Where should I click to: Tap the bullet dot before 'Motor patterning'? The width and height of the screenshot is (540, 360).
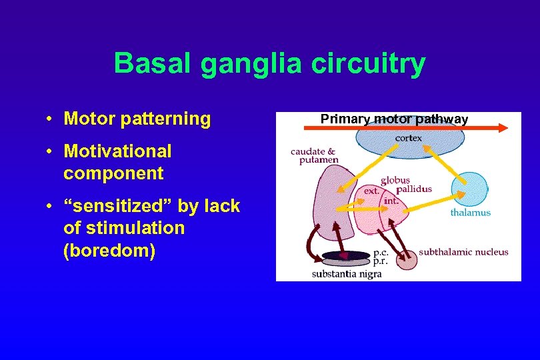(x=51, y=119)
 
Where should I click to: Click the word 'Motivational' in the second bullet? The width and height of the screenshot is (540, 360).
(x=117, y=151)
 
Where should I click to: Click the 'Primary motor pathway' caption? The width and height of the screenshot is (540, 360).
(x=394, y=119)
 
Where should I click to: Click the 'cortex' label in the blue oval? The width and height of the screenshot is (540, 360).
(x=408, y=138)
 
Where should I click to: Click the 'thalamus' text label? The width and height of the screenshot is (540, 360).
(x=470, y=213)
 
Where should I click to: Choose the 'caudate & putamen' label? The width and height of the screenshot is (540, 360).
(x=314, y=155)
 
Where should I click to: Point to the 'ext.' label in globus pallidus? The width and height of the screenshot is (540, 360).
(x=371, y=191)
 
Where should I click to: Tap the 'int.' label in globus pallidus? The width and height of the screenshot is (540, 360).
(x=392, y=199)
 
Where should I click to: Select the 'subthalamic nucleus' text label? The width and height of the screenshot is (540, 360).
(x=463, y=252)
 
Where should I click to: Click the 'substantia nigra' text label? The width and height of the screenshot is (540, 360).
(x=347, y=274)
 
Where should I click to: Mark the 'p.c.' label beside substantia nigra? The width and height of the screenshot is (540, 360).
(x=381, y=253)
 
